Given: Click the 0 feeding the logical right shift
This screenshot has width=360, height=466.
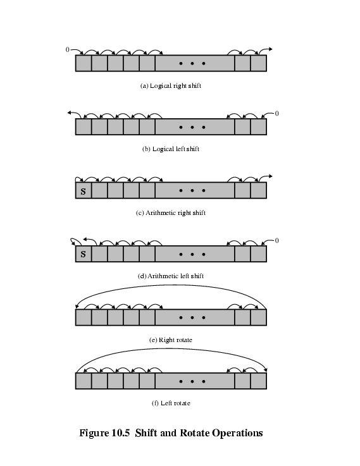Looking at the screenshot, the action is (x=68, y=49).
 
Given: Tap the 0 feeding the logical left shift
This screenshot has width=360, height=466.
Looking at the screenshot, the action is (x=276, y=113).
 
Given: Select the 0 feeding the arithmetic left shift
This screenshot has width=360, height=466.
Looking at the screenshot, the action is (x=276, y=240).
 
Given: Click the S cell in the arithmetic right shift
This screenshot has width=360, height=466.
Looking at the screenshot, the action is (x=84, y=190).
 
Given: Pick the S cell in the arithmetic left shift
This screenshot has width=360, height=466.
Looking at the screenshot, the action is (x=84, y=254).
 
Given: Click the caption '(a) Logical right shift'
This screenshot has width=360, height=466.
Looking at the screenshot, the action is (x=171, y=86).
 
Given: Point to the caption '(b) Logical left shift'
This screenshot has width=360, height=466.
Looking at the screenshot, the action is (x=171, y=149).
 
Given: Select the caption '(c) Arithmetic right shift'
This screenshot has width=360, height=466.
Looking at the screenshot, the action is (x=171, y=213).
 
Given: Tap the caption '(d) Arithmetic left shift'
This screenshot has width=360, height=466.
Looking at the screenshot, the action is (x=171, y=276).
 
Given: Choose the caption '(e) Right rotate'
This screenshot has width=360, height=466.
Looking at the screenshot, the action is (x=171, y=340).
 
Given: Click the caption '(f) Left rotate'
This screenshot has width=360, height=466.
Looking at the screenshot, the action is (x=171, y=403).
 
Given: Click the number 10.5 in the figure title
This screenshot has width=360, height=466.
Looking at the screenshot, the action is (x=121, y=432).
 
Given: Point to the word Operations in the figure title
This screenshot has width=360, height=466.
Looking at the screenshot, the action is (x=237, y=433).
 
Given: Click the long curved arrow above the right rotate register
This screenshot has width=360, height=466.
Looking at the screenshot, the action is (x=171, y=285).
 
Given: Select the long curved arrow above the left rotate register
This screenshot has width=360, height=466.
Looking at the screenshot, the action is (x=171, y=348).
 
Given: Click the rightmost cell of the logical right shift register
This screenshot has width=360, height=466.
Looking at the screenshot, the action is (x=258, y=63).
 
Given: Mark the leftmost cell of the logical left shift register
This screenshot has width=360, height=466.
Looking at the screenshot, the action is (x=84, y=127).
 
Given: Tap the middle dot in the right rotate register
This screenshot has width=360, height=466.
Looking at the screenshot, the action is (x=192, y=317).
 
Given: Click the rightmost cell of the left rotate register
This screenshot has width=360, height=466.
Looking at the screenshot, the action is (x=258, y=381).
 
